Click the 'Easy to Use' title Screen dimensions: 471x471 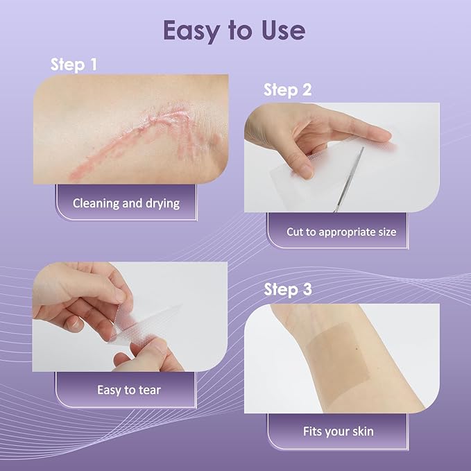(x=234, y=31)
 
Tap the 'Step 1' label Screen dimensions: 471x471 (x=74, y=65)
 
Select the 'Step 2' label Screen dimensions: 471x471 (x=287, y=90)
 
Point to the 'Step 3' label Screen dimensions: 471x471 (x=287, y=289)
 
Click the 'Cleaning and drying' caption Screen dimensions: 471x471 (x=126, y=203)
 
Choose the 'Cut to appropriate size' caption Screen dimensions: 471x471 (x=341, y=232)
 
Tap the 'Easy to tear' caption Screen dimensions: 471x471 (x=128, y=390)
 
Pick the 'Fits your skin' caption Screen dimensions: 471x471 (x=338, y=431)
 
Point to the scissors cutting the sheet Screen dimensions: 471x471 (x=350, y=177)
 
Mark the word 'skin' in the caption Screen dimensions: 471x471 (x=361, y=431)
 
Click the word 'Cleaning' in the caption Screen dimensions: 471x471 (x=96, y=203)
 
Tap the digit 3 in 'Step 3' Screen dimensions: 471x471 (x=305, y=289)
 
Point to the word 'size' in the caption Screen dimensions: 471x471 (x=385, y=232)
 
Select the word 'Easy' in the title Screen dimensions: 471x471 (x=189, y=31)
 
